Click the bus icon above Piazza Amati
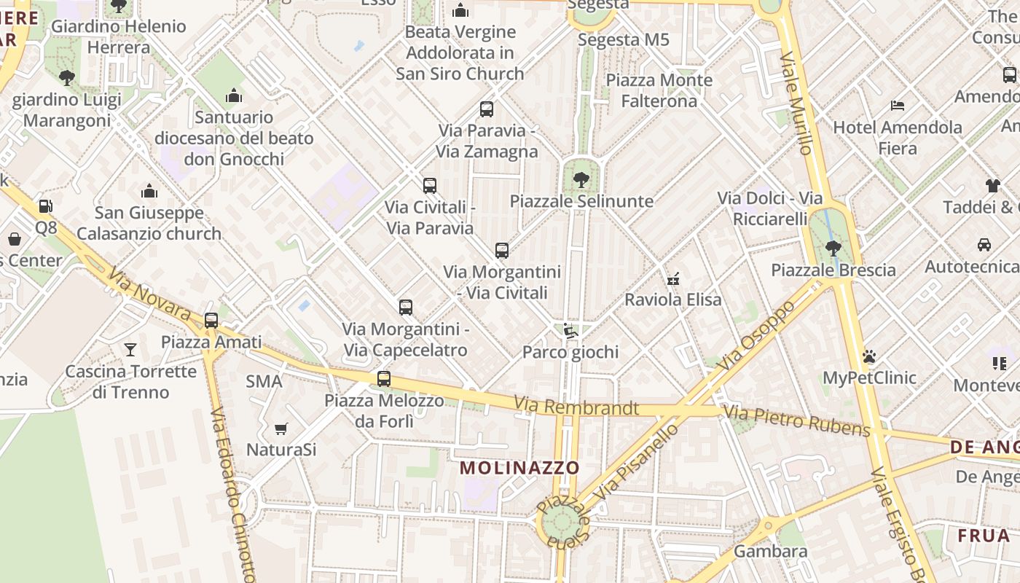[x=211, y=320]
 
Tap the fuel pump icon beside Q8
[x=45, y=206]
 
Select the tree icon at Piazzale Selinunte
[x=581, y=179]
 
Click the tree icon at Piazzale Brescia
[x=833, y=249]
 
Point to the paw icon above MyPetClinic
[x=868, y=356]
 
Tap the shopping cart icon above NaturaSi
[x=280, y=429]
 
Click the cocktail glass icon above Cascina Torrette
[x=130, y=350]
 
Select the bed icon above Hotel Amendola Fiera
[x=898, y=106]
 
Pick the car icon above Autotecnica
[x=984, y=245]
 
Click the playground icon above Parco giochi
[x=570, y=331]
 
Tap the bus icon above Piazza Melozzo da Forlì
[x=384, y=379]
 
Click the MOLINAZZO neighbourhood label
[x=520, y=468]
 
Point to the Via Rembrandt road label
[x=576, y=407]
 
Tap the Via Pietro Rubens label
[x=797, y=422]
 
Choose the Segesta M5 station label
[x=623, y=39]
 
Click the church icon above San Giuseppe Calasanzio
[x=149, y=191]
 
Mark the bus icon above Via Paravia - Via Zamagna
[x=487, y=109]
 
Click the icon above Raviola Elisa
[x=673, y=278]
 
